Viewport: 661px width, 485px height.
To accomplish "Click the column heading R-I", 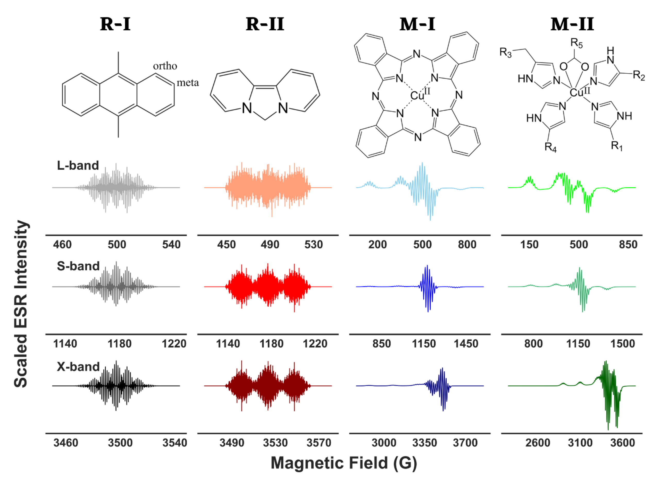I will click(x=115, y=24).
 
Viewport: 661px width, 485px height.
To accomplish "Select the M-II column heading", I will click(x=572, y=24).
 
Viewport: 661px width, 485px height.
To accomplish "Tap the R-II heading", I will click(x=265, y=24).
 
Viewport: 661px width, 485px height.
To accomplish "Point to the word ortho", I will click(x=165, y=66).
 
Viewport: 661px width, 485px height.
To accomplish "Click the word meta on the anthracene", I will click(x=188, y=83).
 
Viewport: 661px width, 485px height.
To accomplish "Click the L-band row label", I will click(x=78, y=166).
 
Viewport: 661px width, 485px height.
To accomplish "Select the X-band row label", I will click(x=78, y=367).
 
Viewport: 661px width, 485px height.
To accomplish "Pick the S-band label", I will click(x=78, y=266).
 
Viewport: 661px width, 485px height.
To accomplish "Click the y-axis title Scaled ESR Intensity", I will click(x=21, y=304).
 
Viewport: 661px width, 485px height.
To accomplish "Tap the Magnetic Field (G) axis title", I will click(x=344, y=463).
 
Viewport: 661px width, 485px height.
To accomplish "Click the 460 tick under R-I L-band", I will click(x=62, y=245).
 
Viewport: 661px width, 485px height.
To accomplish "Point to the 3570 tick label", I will click(x=319, y=443).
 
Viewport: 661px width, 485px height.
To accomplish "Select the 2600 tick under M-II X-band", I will click(x=538, y=443).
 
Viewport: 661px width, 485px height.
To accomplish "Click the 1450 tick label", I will click(x=466, y=344).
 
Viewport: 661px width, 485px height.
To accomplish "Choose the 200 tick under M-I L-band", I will click(x=377, y=245).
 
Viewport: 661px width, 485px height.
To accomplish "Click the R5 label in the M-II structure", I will click(x=576, y=44).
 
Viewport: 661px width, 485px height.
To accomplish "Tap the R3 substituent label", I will click(x=506, y=53).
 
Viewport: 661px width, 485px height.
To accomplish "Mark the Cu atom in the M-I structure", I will click(x=417, y=96).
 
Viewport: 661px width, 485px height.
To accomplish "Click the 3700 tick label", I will click(x=465, y=443).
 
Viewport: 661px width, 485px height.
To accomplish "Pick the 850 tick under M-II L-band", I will click(x=628, y=245).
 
